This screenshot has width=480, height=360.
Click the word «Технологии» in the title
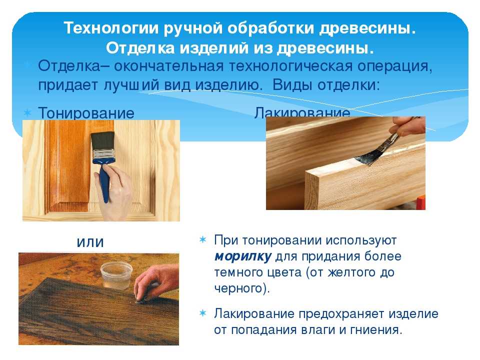coord(111,28)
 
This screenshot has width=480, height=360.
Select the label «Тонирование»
coord(86,113)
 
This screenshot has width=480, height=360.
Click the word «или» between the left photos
coord(90,242)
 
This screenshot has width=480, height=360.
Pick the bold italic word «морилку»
coord(243,256)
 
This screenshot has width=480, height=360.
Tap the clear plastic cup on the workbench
coord(116,275)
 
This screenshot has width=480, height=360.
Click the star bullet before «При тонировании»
coord(202,239)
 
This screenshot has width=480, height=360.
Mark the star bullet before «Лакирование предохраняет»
coord(202,313)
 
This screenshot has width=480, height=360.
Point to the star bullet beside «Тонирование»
coord(27,113)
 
